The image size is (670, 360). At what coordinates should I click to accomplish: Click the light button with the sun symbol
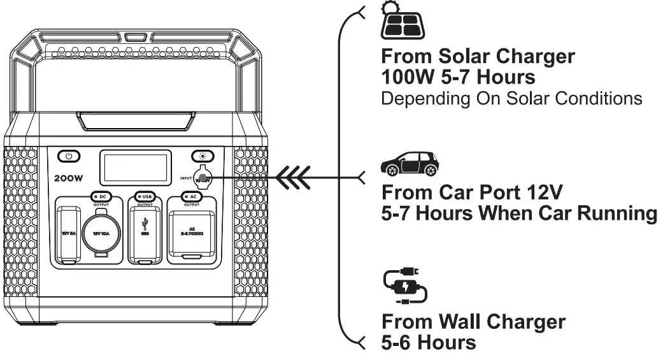[203, 156]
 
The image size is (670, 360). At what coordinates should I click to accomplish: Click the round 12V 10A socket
[101, 233]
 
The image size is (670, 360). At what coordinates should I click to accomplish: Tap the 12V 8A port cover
[68, 233]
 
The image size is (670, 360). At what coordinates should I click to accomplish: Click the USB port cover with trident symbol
[145, 233]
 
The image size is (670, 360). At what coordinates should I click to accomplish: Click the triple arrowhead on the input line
[295, 177]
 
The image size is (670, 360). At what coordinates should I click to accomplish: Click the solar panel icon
[403, 24]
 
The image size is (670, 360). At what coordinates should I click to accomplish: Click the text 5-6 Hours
[428, 342]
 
